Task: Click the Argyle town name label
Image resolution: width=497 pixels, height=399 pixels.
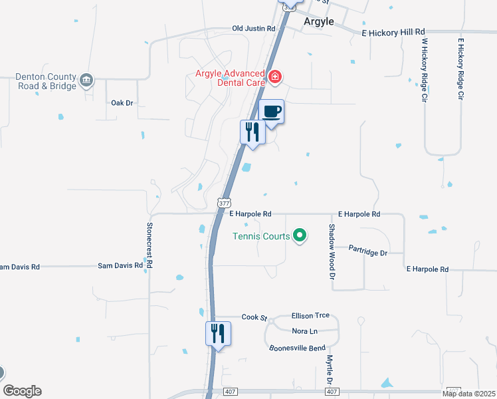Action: [x=318, y=21]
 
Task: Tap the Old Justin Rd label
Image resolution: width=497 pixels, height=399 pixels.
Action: [x=253, y=29]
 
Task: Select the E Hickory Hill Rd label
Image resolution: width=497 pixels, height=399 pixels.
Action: [x=393, y=31]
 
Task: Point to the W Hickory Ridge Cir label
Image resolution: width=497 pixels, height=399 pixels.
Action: [x=423, y=69]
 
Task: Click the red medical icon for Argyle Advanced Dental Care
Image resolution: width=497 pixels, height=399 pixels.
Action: [x=274, y=78]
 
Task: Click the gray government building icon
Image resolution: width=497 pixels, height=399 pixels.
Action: [x=86, y=81]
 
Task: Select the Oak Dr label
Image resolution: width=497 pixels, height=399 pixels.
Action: [x=122, y=103]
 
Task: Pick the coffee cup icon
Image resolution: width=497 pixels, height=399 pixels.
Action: [x=271, y=112]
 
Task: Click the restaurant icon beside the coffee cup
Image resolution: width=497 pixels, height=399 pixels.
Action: [x=252, y=131]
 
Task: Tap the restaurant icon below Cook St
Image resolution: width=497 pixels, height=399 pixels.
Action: [x=218, y=333]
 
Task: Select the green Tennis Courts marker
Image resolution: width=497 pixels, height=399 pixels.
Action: [x=300, y=235]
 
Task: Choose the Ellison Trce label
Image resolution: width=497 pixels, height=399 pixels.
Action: [x=310, y=316]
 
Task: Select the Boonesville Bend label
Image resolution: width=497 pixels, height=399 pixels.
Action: [x=297, y=348]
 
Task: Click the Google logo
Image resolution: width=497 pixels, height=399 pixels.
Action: [x=22, y=391]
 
